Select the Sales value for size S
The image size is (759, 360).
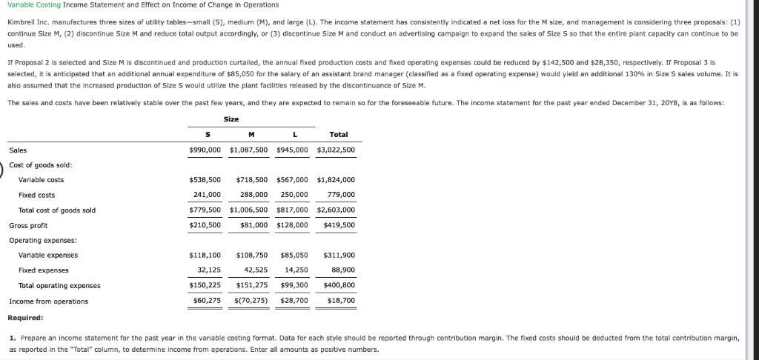(x=205, y=150)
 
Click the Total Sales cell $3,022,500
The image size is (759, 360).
(x=336, y=150)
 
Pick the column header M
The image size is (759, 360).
(x=251, y=134)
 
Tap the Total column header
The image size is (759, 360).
(x=338, y=134)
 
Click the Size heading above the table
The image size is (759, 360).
(x=231, y=119)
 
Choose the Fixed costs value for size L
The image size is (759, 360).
(x=294, y=195)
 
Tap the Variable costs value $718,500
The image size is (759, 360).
(x=251, y=180)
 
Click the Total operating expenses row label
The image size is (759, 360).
(x=59, y=285)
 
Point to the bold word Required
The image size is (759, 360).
(x=25, y=317)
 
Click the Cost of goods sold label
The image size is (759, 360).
(x=40, y=164)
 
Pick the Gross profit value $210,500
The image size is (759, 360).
(x=205, y=225)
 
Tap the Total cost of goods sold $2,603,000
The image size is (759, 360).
(x=336, y=210)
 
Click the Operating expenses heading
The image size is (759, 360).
(x=43, y=240)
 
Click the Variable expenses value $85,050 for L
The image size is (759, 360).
(x=294, y=255)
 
